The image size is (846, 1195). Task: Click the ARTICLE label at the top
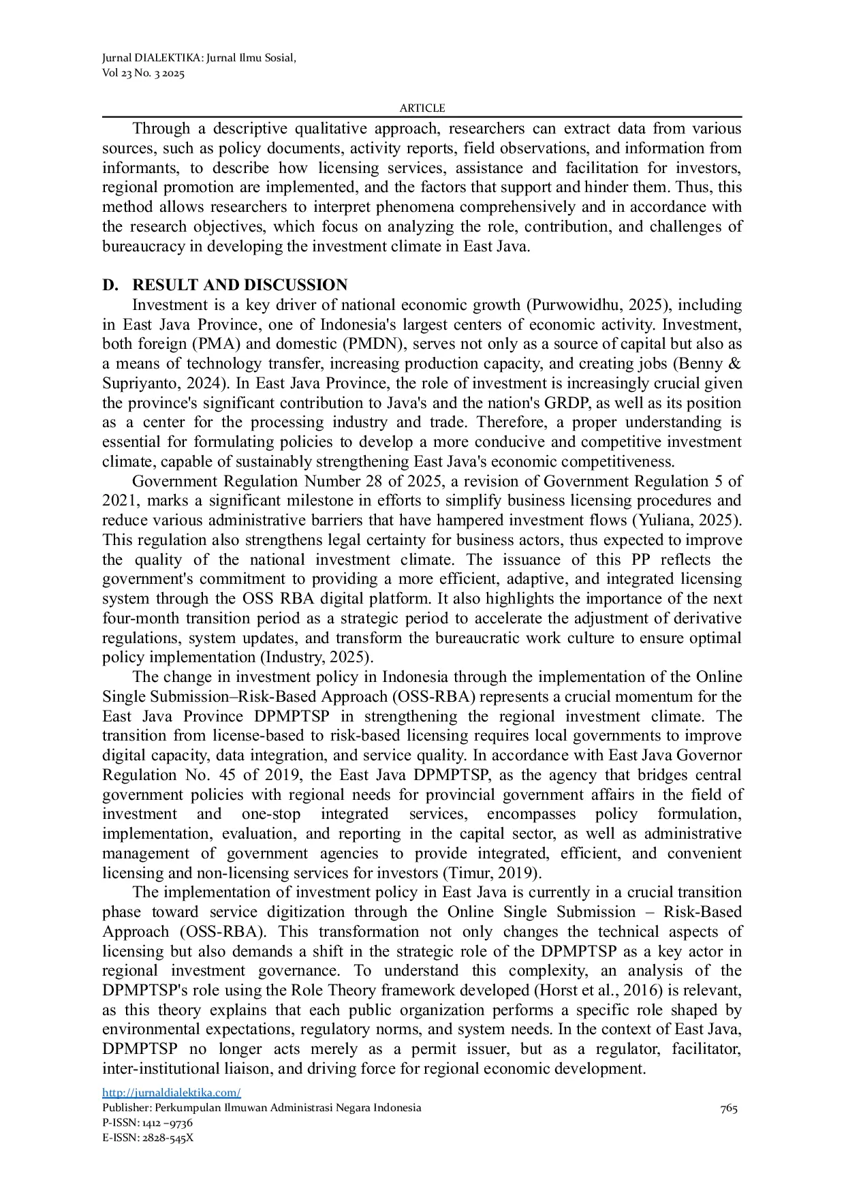[422, 108]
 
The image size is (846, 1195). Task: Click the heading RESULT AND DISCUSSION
[240, 285]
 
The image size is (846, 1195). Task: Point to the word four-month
[135, 619]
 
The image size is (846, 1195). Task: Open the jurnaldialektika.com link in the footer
[171, 1093]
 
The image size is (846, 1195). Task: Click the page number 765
[728, 1108]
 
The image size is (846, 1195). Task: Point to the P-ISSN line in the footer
[147, 1123]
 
